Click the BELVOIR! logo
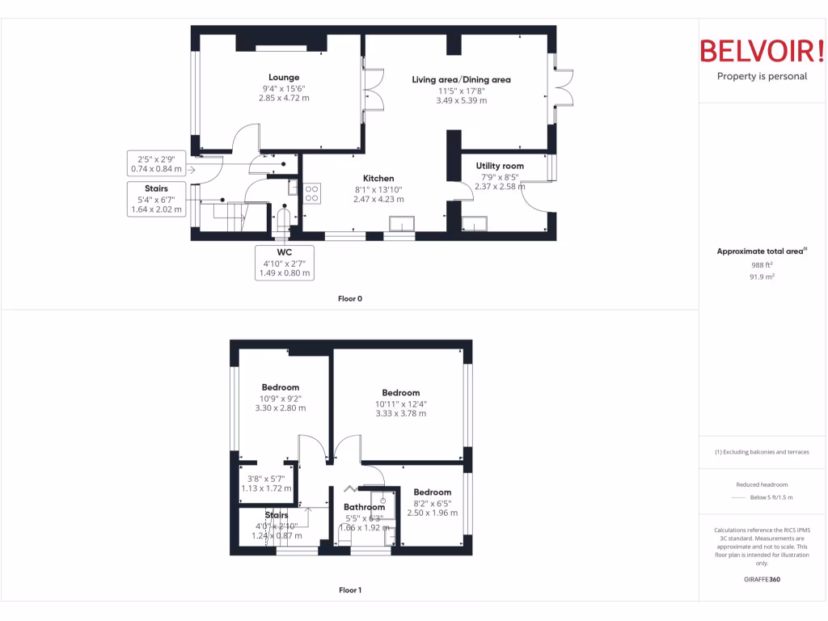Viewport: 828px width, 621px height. [762, 51]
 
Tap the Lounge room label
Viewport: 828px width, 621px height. [284, 78]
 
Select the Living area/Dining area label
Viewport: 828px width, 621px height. [461, 79]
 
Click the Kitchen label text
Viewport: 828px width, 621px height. [378, 179]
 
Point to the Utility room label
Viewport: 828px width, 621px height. [500, 166]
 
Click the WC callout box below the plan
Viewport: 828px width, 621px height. [284, 263]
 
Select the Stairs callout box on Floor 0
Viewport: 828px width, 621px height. [157, 199]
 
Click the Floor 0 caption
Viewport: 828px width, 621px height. [349, 298]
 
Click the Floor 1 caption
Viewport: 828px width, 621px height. [349, 590]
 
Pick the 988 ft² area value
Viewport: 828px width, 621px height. [762, 264]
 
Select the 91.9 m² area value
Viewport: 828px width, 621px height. [762, 277]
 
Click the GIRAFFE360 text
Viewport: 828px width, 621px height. [762, 580]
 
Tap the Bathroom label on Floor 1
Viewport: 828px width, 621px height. [364, 508]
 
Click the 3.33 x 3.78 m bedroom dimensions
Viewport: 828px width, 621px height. [400, 413]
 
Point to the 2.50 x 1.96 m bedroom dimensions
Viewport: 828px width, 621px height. [432, 513]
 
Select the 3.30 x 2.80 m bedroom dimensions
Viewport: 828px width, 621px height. [280, 408]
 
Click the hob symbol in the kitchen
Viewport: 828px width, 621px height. [312, 192]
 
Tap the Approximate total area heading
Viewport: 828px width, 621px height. [762, 251]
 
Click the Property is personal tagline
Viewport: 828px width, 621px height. [762, 77]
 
